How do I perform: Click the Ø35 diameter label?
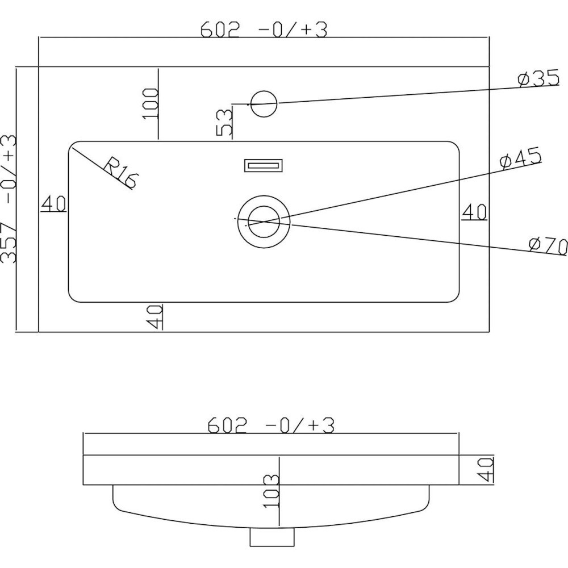[538, 79]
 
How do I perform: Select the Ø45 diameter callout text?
[521, 158]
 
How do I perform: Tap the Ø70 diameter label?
[548, 247]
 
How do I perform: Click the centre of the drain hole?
[264, 221]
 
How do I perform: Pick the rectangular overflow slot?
[264, 165]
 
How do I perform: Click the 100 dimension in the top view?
[151, 103]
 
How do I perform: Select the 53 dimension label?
[224, 123]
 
